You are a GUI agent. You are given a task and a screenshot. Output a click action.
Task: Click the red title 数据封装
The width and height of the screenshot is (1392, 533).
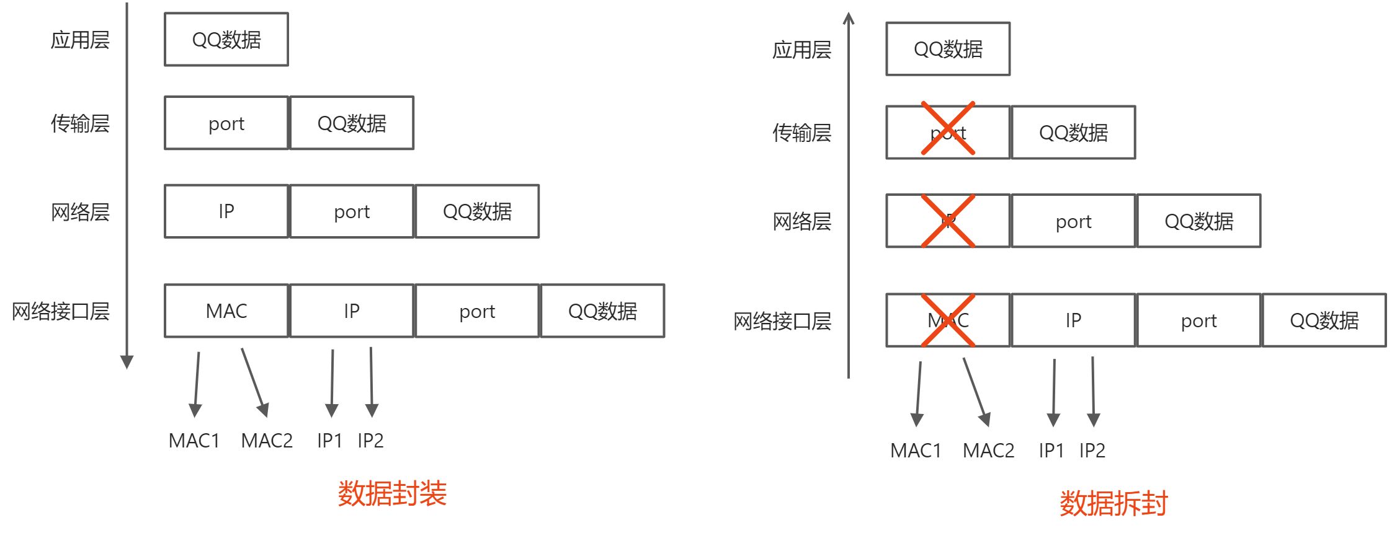[x=392, y=494]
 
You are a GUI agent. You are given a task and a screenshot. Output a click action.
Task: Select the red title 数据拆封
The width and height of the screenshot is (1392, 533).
[x=1113, y=503]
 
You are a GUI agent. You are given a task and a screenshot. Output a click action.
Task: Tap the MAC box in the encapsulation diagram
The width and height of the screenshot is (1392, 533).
[x=226, y=311]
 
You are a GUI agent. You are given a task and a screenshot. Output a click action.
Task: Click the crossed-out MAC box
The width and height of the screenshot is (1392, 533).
[x=948, y=320]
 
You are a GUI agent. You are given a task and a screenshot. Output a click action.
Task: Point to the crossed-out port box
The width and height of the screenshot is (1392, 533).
[x=948, y=132]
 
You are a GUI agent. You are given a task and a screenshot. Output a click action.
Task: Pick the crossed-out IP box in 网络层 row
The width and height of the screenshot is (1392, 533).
[x=948, y=221]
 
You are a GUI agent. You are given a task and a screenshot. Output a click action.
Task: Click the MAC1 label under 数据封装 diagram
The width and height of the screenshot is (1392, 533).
[x=194, y=441]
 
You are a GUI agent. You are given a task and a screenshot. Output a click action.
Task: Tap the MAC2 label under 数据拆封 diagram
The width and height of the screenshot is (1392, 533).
[x=988, y=451]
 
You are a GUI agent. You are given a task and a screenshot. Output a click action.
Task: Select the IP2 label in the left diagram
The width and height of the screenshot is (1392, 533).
[x=370, y=441]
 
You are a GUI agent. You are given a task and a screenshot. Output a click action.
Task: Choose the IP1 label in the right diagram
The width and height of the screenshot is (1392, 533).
[x=1051, y=451]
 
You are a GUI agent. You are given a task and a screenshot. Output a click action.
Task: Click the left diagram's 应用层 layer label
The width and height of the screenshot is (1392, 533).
[x=80, y=40]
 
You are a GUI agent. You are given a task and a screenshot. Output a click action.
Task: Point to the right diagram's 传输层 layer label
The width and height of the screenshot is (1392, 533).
[x=801, y=133]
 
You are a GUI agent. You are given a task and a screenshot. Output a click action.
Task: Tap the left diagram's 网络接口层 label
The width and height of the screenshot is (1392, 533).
[x=61, y=311]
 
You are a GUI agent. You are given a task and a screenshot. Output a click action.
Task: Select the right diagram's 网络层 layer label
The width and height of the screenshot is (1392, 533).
[x=801, y=221]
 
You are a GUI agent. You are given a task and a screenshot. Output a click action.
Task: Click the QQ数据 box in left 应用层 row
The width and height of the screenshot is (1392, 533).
[x=226, y=40]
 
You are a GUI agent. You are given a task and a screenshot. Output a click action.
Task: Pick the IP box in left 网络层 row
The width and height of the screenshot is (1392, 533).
[x=226, y=211]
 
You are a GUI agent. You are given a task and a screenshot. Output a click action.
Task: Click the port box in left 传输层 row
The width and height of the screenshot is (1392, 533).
[x=226, y=123]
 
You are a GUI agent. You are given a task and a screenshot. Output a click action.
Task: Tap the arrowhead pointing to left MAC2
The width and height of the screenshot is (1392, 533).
[x=264, y=410]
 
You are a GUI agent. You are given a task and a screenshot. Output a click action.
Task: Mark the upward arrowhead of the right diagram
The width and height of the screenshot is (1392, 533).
[x=849, y=19]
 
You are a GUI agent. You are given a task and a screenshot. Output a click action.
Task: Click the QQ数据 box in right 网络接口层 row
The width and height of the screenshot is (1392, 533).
[x=1324, y=320]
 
